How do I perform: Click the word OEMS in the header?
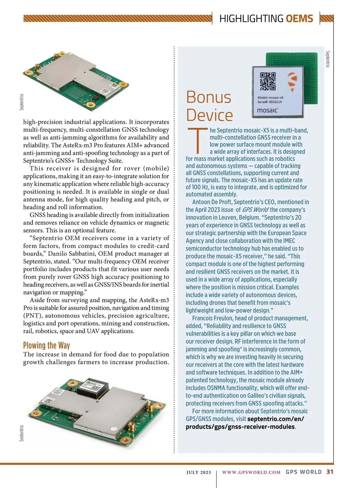[x=299, y=19]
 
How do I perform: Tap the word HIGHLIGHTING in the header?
[x=251, y=19]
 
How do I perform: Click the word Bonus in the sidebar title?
[x=208, y=97]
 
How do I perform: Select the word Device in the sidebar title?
[x=209, y=115]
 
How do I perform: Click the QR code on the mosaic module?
[x=268, y=81]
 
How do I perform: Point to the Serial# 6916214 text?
[x=269, y=102]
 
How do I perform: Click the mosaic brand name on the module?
[x=268, y=110]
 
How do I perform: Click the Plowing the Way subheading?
[x=46, y=345]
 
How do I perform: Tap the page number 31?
[x=330, y=472]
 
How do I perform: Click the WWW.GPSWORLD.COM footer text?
[x=251, y=472]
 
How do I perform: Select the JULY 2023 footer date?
[x=199, y=472]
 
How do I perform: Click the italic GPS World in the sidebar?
[x=255, y=210]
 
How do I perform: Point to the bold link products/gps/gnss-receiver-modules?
[x=240, y=427]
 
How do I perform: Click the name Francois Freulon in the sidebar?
[x=212, y=318]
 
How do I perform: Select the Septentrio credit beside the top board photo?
[x=22, y=102]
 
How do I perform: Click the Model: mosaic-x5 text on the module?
[x=270, y=98]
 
